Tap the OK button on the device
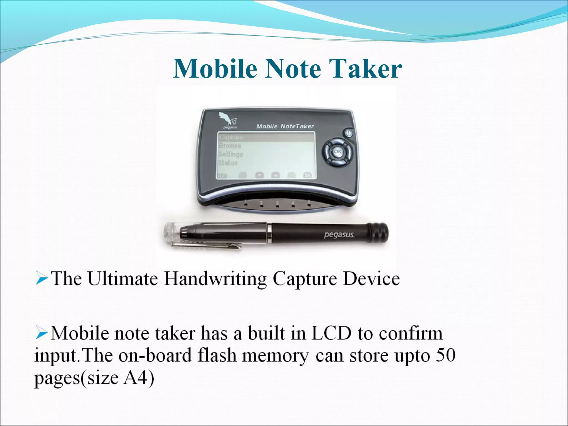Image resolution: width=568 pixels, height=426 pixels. pos(338,152)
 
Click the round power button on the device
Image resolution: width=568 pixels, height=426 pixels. pos(348,133)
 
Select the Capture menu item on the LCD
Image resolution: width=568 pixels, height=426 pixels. pos(231,137)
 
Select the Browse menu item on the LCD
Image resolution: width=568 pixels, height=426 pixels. pos(230,146)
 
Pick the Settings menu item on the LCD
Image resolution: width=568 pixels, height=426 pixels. pos(230,154)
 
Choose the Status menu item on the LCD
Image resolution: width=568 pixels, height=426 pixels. pos(228,163)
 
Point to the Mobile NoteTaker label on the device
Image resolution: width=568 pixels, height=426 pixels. pos(285,126)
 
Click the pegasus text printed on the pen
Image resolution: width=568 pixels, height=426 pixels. pos(339,235)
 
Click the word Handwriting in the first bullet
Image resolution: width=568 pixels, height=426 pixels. pos(215,279)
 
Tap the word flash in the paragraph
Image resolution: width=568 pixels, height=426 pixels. pos(217,356)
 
